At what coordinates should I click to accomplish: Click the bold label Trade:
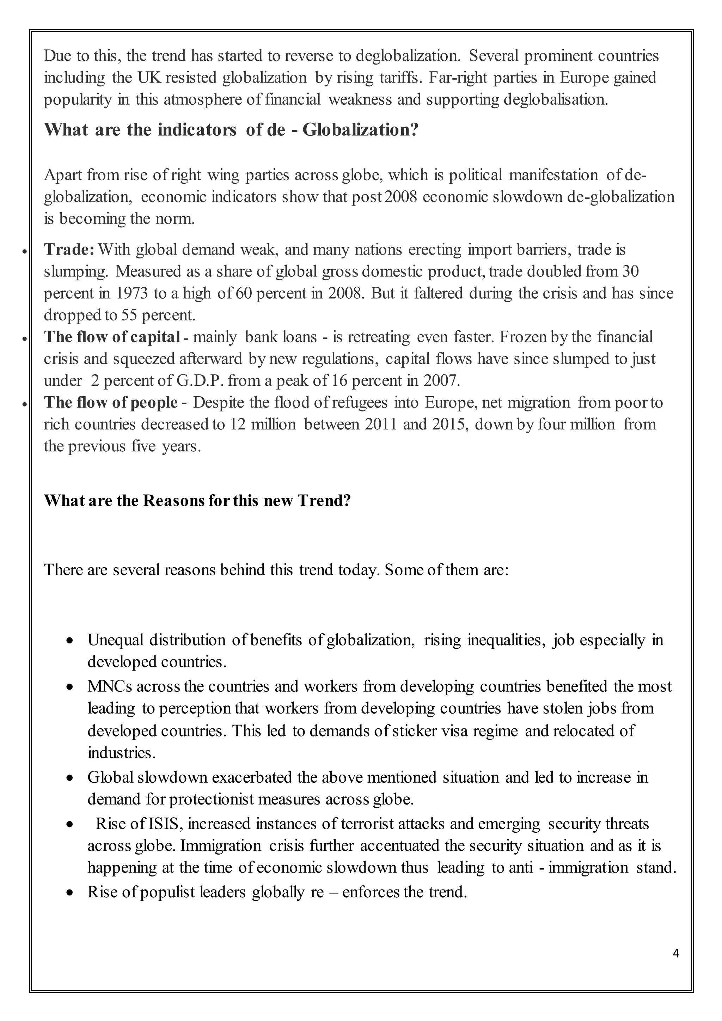pos(69,250)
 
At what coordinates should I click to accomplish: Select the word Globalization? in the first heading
pos(361,130)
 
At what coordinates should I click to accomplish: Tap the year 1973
pos(132,293)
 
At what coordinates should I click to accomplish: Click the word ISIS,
pos(164,824)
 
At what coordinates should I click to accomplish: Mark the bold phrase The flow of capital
pos(112,337)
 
